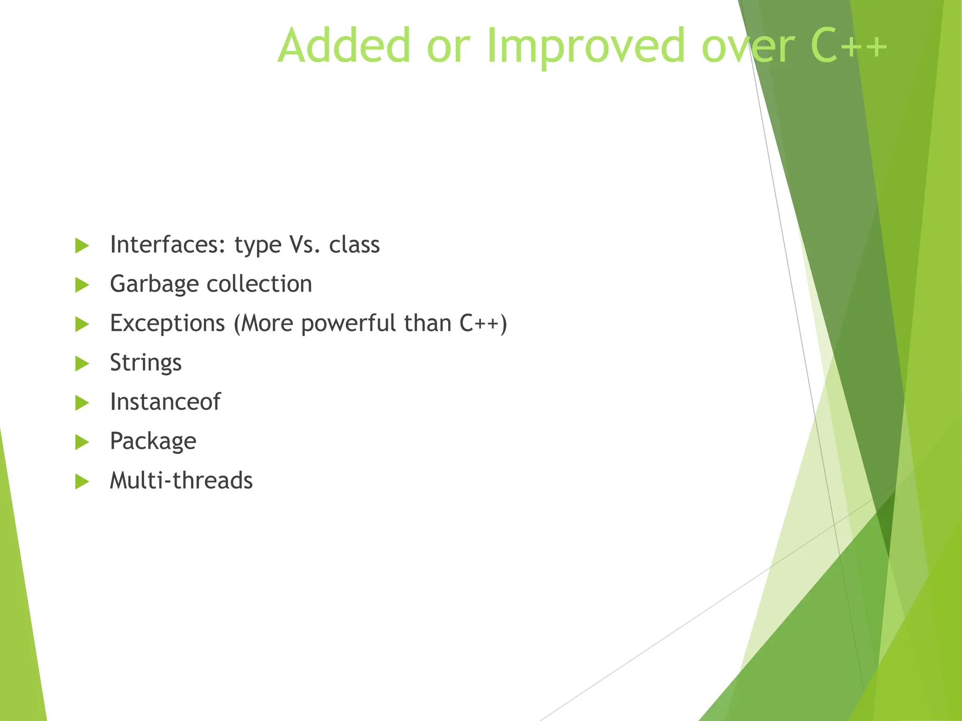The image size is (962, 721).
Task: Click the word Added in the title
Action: point(344,46)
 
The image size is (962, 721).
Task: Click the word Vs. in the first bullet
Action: point(305,245)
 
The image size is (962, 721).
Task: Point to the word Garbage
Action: point(154,284)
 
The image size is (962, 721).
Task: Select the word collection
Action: point(259,284)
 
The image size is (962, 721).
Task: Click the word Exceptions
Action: point(167,323)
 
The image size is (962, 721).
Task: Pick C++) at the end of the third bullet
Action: point(483,323)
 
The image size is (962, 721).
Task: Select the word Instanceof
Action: point(165,402)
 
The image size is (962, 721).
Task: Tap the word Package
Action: point(153,442)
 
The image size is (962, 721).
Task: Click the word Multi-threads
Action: point(181,481)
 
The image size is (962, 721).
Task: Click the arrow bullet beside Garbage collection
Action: point(82,285)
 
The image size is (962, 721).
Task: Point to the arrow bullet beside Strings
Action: point(82,363)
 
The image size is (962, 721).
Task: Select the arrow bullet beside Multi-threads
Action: point(82,482)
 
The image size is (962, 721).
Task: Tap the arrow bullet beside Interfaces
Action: point(82,245)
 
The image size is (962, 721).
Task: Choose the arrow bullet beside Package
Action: point(82,442)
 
